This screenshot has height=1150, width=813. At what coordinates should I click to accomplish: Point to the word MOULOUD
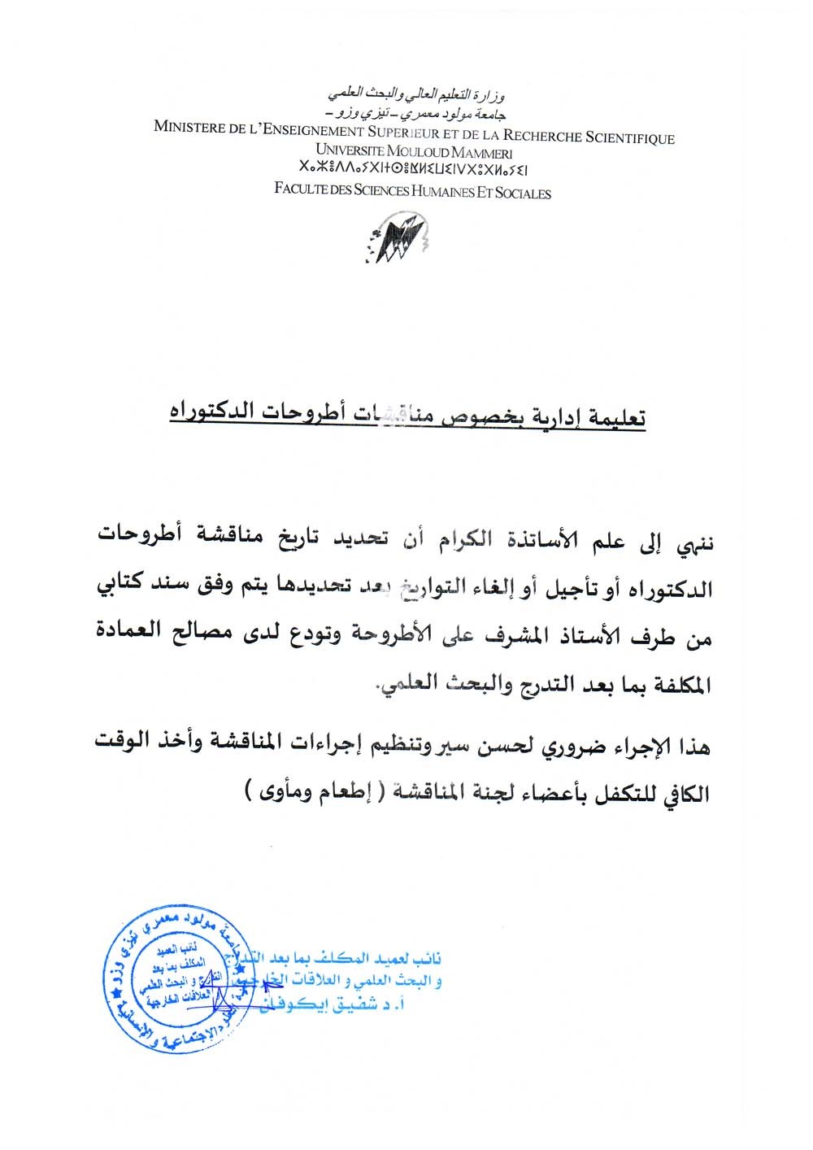click(x=417, y=152)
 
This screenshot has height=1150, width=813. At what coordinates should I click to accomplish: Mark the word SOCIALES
click(x=523, y=194)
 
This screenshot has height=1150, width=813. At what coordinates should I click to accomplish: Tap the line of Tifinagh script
click(x=413, y=171)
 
